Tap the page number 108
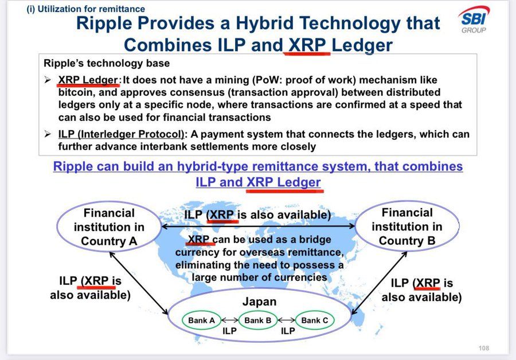(x=484, y=348)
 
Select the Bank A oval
(x=201, y=320)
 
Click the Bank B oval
(x=257, y=320)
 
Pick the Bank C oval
(x=315, y=320)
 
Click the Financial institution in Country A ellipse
(x=109, y=227)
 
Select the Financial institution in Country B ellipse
(x=407, y=226)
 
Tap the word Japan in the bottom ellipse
(x=259, y=302)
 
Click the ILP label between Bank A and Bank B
(x=230, y=331)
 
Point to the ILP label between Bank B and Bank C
(x=288, y=331)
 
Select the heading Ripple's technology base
(x=107, y=63)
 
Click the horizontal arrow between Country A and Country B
(x=258, y=227)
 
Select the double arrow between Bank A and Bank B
(x=230, y=320)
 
